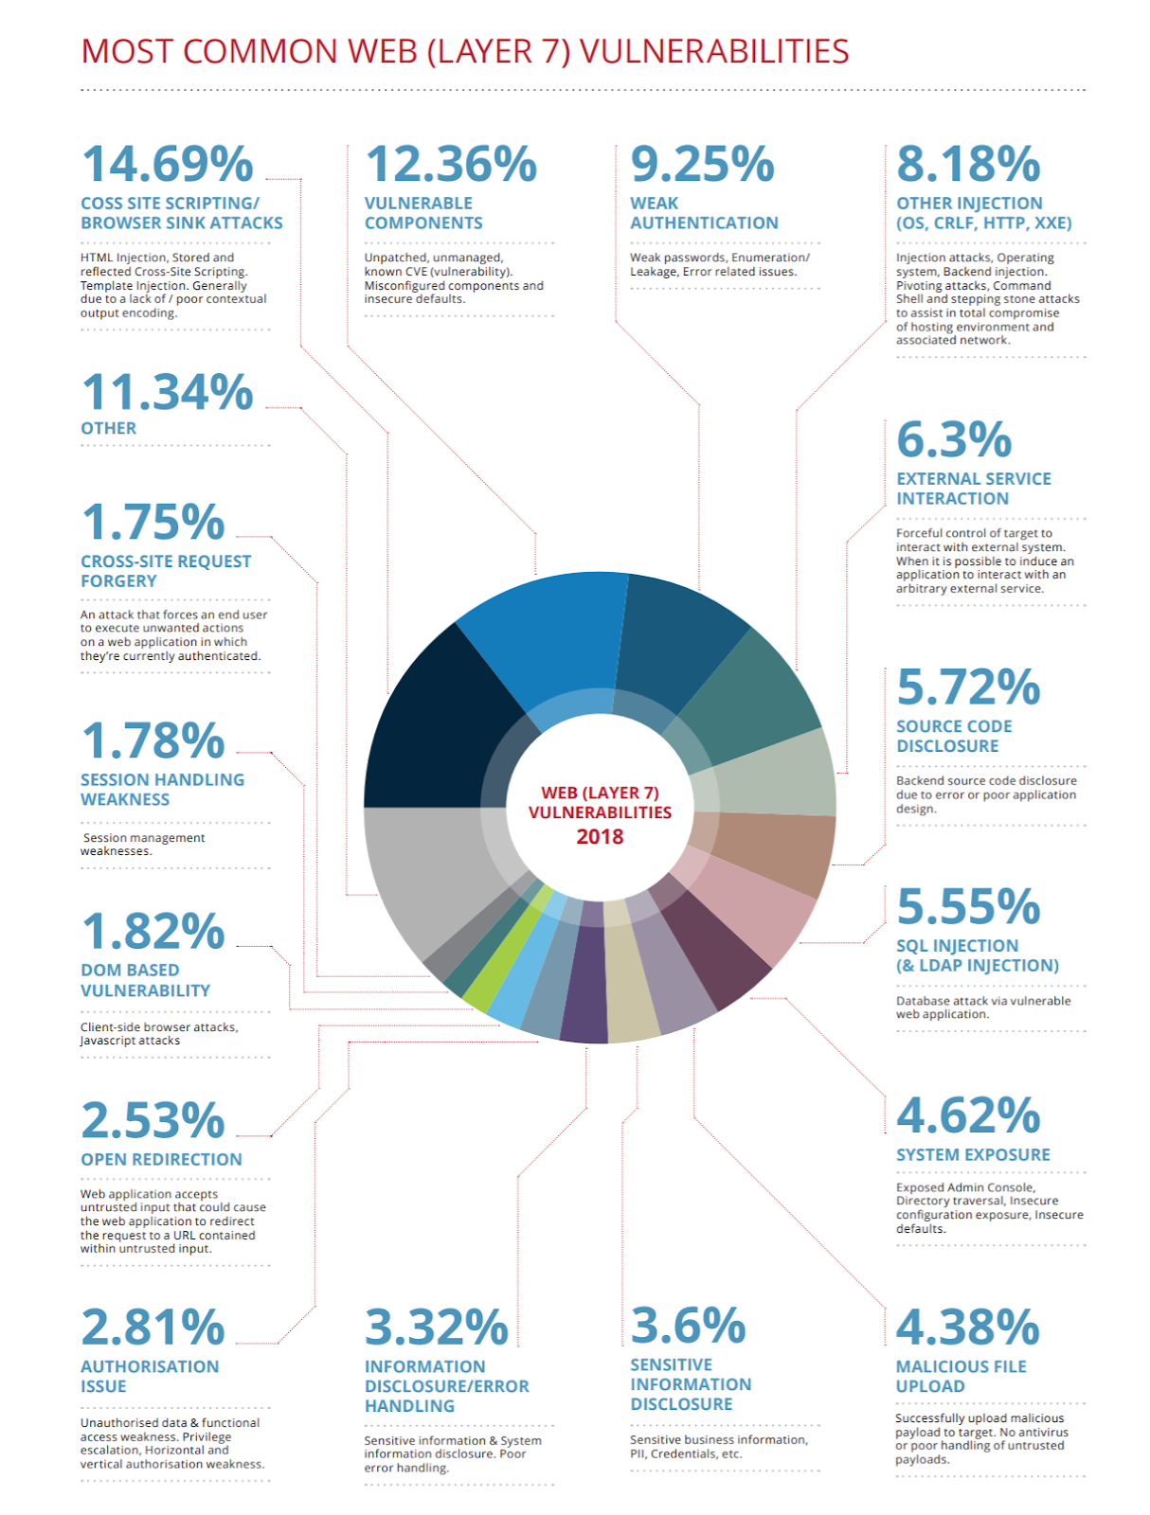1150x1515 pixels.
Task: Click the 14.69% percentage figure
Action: click(x=167, y=164)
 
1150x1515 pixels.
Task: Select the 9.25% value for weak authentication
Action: click(x=702, y=164)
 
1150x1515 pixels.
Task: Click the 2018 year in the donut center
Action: click(x=600, y=837)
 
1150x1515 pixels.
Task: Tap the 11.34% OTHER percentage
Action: click(x=167, y=392)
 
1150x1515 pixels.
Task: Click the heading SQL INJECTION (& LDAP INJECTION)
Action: click(x=976, y=955)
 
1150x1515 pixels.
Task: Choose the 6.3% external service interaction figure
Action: click(x=954, y=439)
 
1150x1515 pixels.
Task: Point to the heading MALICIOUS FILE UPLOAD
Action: click(x=961, y=1376)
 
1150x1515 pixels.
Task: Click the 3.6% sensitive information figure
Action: click(x=688, y=1326)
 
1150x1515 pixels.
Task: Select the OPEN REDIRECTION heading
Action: click(x=161, y=1159)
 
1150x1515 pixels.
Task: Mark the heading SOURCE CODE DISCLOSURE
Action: click(x=953, y=736)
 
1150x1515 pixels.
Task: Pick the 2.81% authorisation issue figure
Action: click(x=153, y=1328)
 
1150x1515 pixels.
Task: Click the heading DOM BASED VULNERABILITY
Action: click(x=145, y=980)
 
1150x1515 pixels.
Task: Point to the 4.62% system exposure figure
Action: click(x=967, y=1115)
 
